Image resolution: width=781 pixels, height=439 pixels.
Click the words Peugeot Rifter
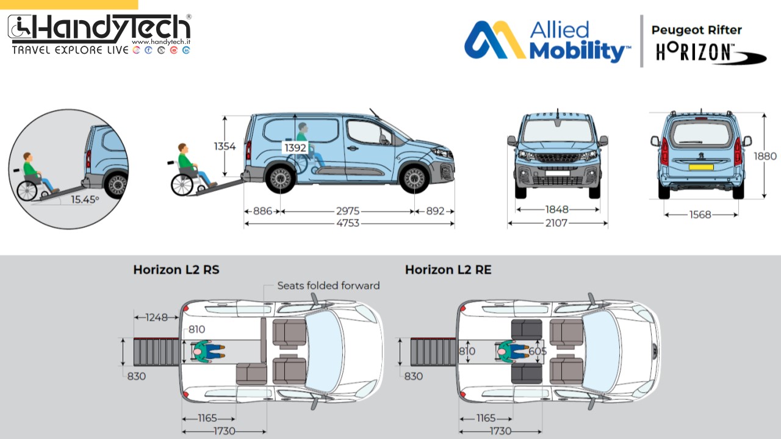pos(696,30)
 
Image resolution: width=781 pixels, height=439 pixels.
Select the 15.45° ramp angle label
pos(84,199)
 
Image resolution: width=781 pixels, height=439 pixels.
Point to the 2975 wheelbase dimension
pos(347,211)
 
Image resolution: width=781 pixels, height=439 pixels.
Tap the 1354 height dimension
pos(225,146)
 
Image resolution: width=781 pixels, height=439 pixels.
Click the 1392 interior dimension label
pos(295,148)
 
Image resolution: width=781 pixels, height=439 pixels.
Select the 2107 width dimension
pos(556,223)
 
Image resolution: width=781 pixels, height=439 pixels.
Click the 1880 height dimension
pos(765,156)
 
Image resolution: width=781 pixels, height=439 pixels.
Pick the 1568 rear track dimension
pos(700,215)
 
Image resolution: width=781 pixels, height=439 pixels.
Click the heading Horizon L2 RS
pos(176,269)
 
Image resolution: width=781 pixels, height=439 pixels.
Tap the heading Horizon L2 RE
pos(448,269)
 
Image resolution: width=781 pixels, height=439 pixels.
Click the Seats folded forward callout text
pos(328,285)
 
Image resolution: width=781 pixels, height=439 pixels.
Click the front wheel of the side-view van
pos(414,179)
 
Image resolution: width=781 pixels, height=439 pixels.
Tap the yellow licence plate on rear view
pos(700,166)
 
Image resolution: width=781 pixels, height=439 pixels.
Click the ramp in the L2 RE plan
pos(433,352)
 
